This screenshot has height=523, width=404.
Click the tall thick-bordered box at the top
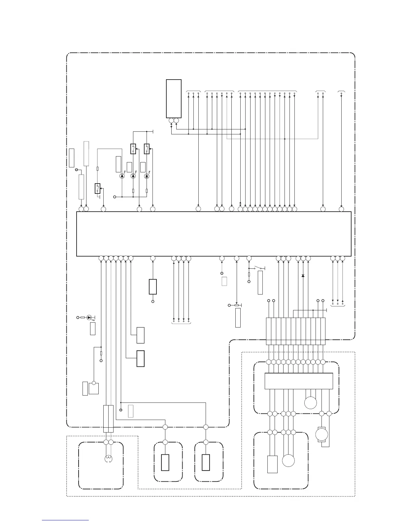click(x=174, y=98)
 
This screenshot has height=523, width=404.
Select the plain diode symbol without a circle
click(x=303, y=275)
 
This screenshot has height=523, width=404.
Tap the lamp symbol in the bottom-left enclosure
click(x=108, y=459)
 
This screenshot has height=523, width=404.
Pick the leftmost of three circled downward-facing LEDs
click(x=122, y=176)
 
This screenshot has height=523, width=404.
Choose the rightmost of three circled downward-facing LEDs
click(x=147, y=176)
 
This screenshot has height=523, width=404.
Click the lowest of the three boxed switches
click(x=97, y=188)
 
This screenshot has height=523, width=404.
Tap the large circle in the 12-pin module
click(x=311, y=403)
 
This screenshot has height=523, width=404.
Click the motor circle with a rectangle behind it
click(x=322, y=435)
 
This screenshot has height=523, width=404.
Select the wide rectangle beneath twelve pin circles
click(x=299, y=381)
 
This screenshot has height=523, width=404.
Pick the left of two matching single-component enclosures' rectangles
click(x=165, y=462)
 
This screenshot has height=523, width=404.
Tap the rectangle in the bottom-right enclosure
click(x=272, y=464)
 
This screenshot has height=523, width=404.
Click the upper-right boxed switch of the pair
click(x=147, y=149)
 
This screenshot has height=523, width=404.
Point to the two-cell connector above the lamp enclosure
click(x=108, y=419)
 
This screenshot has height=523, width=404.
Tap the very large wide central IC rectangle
click(x=214, y=234)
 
